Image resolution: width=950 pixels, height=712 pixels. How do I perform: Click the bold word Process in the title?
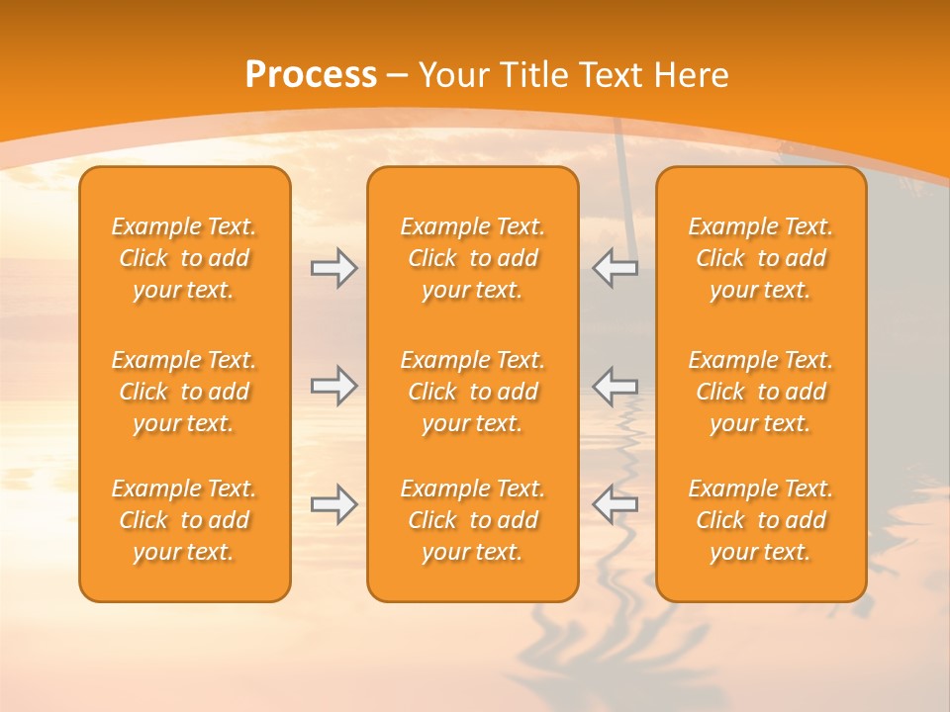311,75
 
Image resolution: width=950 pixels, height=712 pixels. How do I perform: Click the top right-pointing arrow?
333,268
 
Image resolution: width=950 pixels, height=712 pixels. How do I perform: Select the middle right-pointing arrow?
333,386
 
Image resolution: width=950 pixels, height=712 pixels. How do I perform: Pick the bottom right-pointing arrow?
333,504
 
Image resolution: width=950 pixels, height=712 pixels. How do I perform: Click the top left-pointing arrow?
616,268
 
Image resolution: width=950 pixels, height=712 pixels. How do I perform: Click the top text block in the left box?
184,258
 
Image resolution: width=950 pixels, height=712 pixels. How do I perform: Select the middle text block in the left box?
184,392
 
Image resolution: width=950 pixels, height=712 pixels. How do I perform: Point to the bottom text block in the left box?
184,520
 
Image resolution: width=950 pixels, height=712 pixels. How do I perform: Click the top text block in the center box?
473,258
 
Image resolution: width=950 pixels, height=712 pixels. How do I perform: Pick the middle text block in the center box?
473,392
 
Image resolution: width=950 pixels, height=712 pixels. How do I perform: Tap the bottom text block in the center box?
473,520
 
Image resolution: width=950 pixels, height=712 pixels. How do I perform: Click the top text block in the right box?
761,258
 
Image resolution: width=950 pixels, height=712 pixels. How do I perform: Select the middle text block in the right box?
761,392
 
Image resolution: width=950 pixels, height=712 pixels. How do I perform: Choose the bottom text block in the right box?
761,520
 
